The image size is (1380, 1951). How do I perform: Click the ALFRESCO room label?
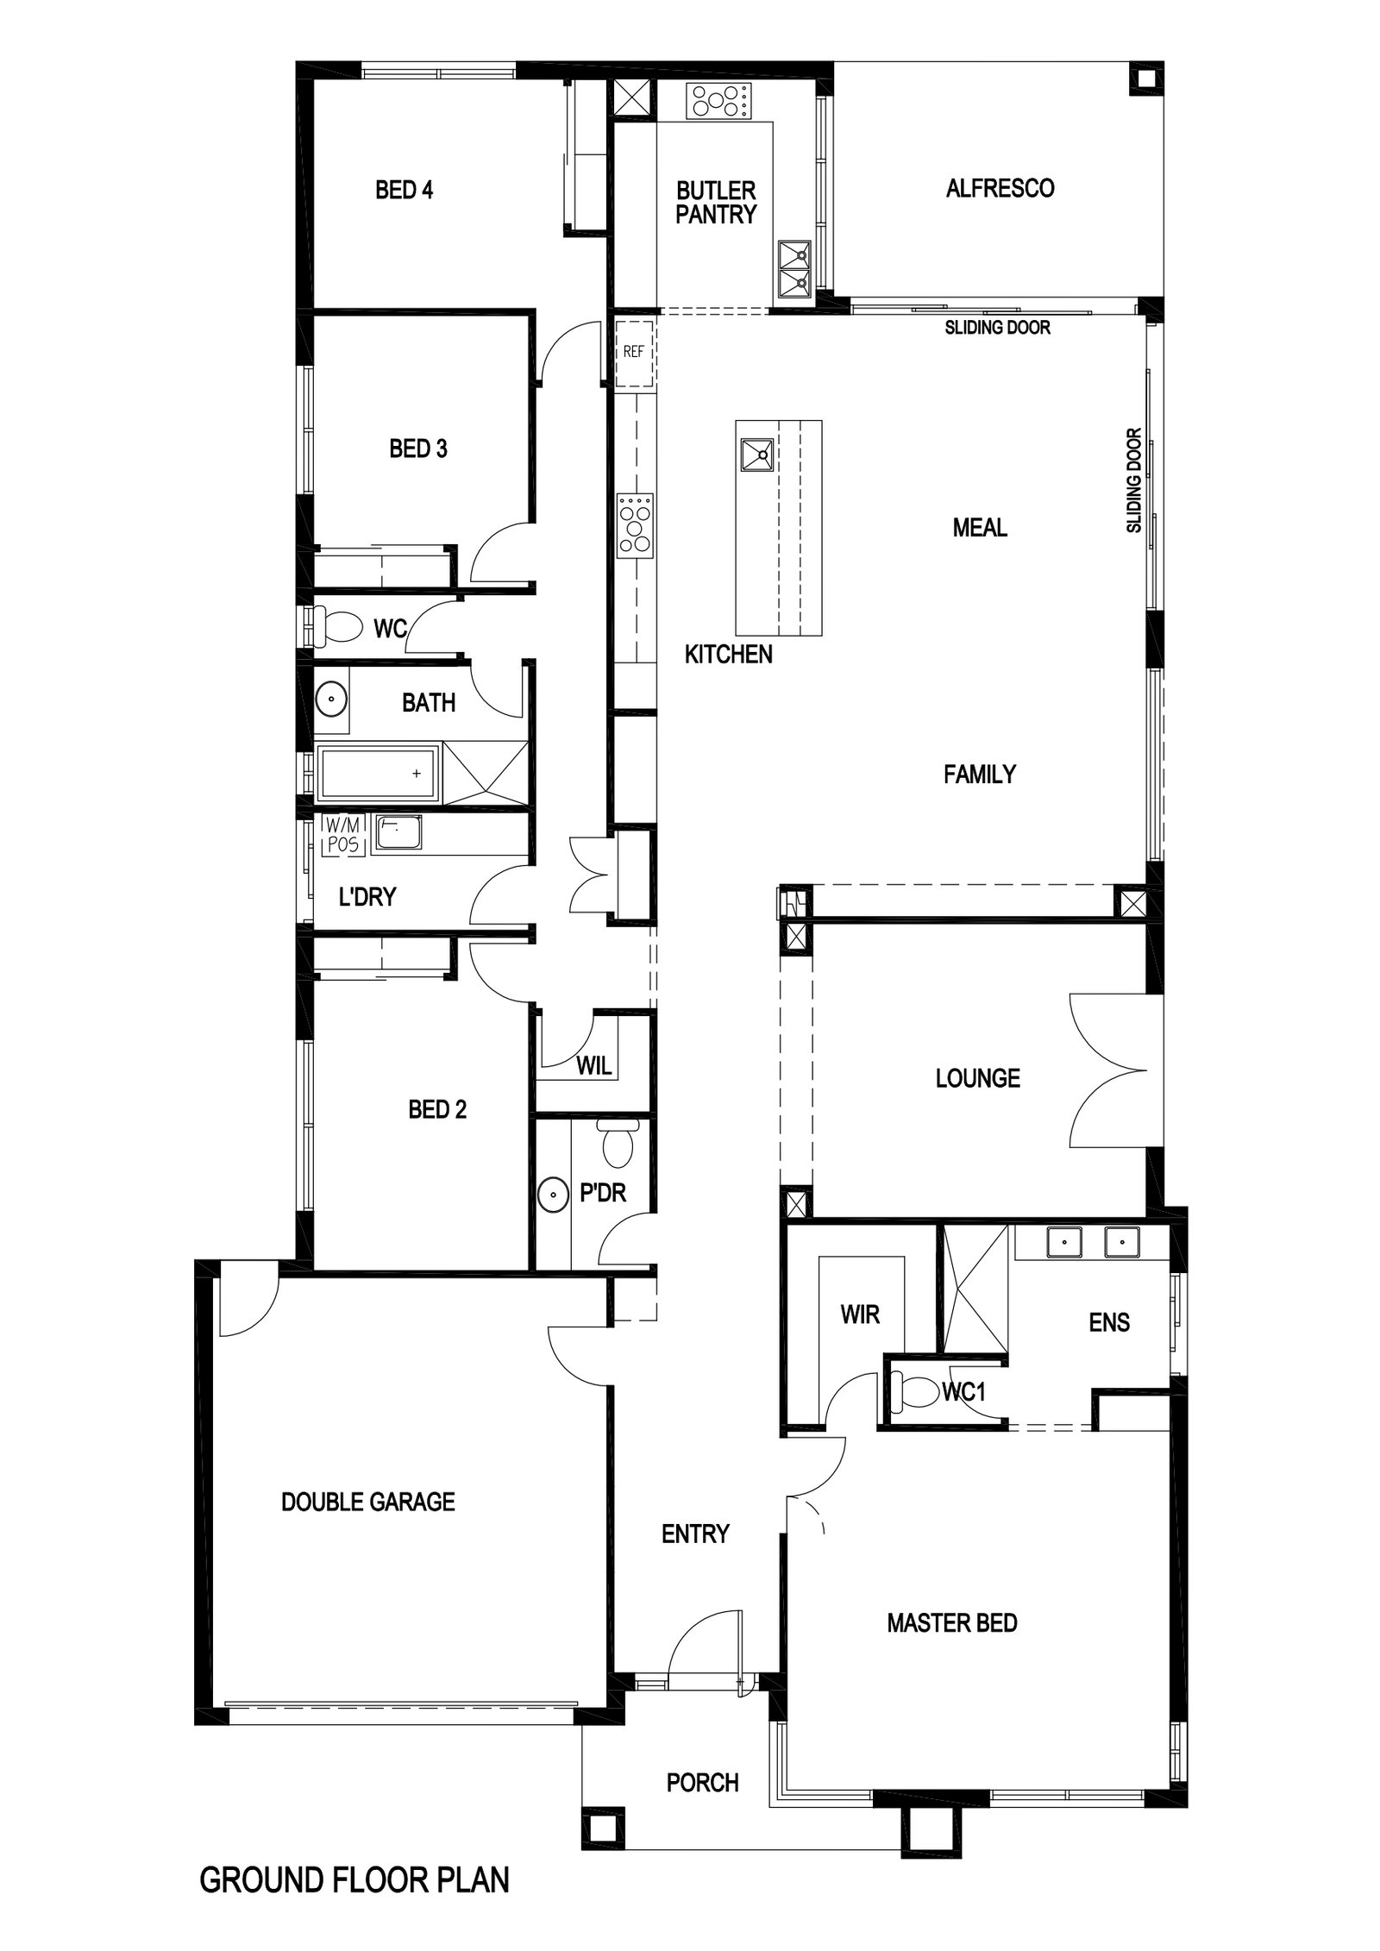click(999, 188)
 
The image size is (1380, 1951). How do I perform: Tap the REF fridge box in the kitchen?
click(635, 353)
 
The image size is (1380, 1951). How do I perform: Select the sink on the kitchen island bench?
click(756, 455)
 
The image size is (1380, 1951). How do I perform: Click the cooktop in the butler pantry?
click(718, 101)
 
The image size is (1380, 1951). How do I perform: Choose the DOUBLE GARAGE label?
click(367, 1502)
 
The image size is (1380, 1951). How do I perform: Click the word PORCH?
click(702, 1783)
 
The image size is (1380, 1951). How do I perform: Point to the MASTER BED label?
click(951, 1623)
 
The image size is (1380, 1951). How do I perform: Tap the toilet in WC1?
click(916, 1392)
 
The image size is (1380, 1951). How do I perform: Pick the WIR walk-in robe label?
click(860, 1314)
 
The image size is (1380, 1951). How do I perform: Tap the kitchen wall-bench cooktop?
click(636, 524)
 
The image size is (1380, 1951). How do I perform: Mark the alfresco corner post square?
click(1145, 79)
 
